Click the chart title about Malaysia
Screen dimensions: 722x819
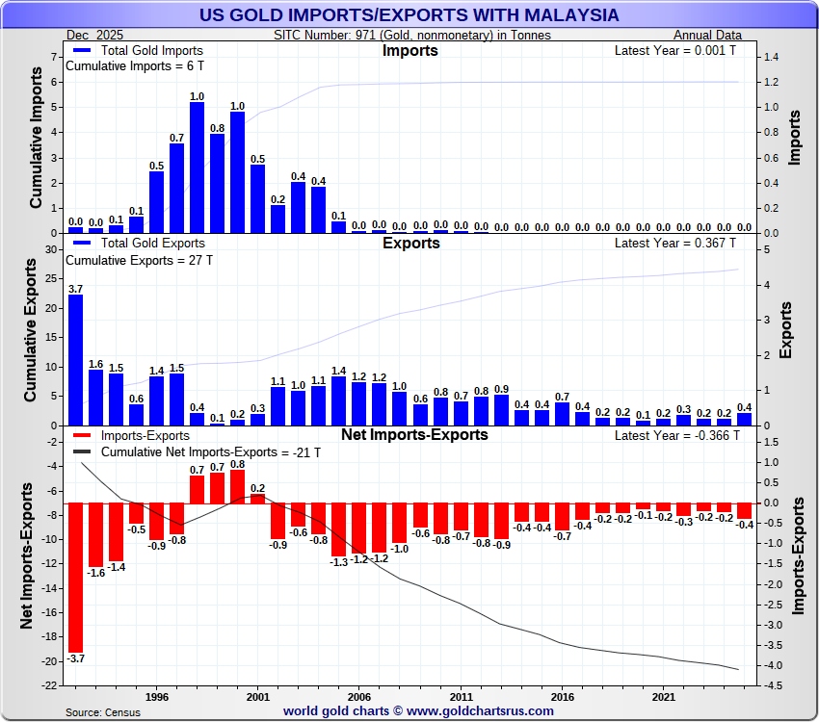click(409, 16)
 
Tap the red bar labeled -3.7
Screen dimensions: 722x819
click(75, 577)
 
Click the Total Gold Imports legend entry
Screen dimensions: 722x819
click(140, 50)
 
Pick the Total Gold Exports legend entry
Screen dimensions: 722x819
click(141, 243)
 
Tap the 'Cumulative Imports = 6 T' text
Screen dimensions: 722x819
click(135, 66)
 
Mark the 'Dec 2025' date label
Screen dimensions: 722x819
click(95, 35)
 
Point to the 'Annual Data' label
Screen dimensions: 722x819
click(716, 35)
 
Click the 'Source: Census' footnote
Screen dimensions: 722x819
click(102, 712)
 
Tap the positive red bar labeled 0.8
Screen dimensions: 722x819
click(238, 486)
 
